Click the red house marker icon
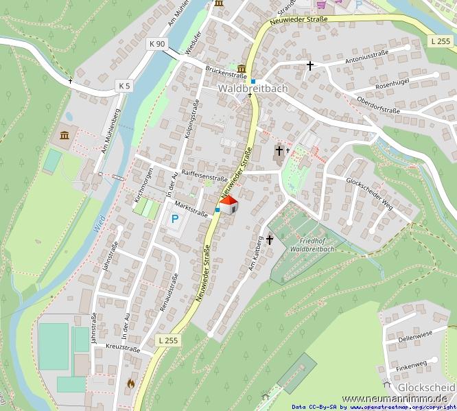tap(228, 204)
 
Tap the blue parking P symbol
tap(175, 220)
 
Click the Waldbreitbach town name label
tap(253, 89)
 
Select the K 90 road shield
tap(157, 44)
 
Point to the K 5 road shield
tap(124, 86)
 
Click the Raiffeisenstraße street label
tap(204, 176)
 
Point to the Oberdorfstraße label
tap(378, 105)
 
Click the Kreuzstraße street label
tap(124, 348)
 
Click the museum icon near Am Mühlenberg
tap(65, 134)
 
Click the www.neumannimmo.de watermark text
tap(394, 399)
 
